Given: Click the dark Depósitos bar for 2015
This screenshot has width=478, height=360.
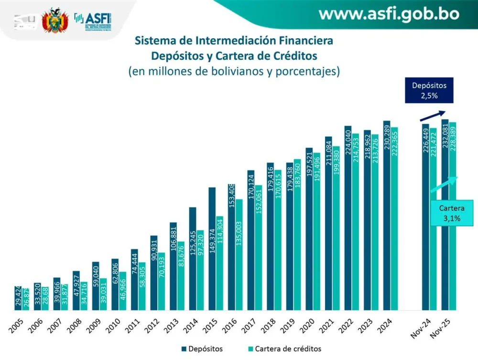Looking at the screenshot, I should click(212, 249).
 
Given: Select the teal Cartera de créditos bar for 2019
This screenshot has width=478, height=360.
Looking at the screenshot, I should click(297, 234).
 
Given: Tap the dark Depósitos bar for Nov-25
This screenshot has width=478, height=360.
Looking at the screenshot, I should click(445, 215).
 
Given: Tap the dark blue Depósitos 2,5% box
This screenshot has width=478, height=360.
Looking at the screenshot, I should click(429, 91).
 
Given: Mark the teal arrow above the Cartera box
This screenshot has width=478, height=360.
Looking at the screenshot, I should click(445, 184).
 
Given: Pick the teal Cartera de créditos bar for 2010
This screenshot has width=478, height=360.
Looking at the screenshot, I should click(122, 292).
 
